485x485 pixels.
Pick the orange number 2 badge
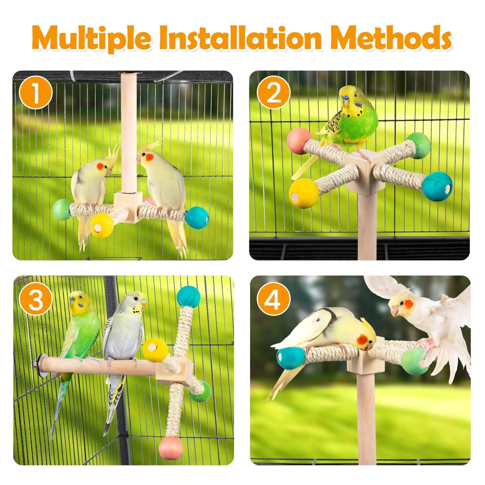point(274,93)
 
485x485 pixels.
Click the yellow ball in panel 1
point(102,225)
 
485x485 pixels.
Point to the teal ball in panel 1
point(197,217)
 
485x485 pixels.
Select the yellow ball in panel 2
point(303,194)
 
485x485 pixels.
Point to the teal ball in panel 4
point(290,358)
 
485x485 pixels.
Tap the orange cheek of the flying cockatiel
point(408,304)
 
